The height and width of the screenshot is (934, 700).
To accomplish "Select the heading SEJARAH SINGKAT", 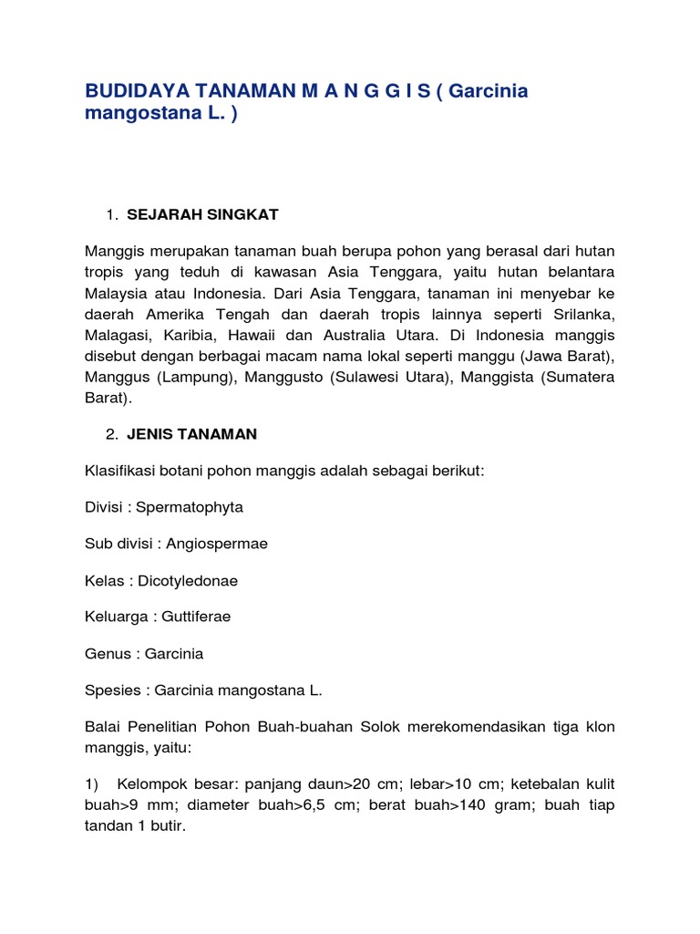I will click(202, 214).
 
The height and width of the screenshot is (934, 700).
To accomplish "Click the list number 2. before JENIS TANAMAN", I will click(111, 434).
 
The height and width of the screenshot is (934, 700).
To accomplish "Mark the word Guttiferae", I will click(196, 617).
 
